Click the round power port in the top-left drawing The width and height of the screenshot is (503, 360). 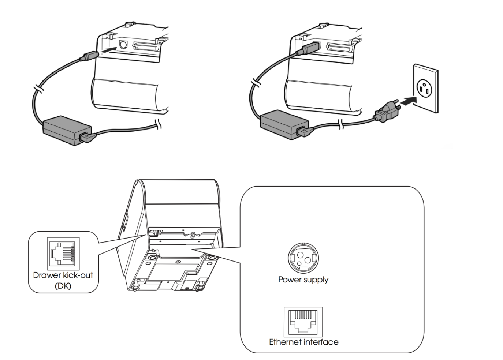pyautogui.click(x=123, y=45)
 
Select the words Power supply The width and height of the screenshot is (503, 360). pyautogui.click(x=303, y=280)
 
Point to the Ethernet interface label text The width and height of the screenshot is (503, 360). pyautogui.click(x=303, y=342)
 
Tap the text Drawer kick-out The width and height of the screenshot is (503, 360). pyautogui.click(x=63, y=275)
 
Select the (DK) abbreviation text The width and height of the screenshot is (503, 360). pyautogui.click(x=63, y=286)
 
